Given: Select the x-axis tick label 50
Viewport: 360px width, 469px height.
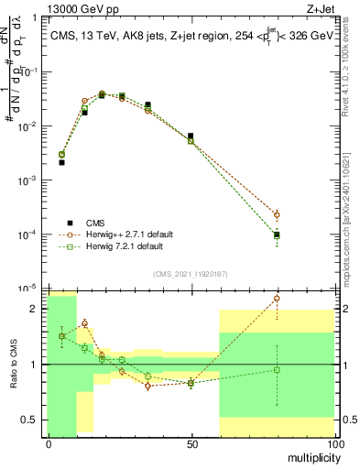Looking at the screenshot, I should coord(191,442).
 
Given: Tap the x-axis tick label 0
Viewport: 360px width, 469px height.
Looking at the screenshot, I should coord(48,442).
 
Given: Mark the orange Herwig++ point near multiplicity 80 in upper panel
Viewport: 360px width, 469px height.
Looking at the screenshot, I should coord(277,215).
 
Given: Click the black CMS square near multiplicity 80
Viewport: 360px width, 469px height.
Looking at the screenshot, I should coord(277,234).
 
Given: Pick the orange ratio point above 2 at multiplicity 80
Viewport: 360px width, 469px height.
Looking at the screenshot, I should coord(277,299).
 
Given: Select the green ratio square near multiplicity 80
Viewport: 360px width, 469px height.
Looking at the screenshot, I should coord(277,370).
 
